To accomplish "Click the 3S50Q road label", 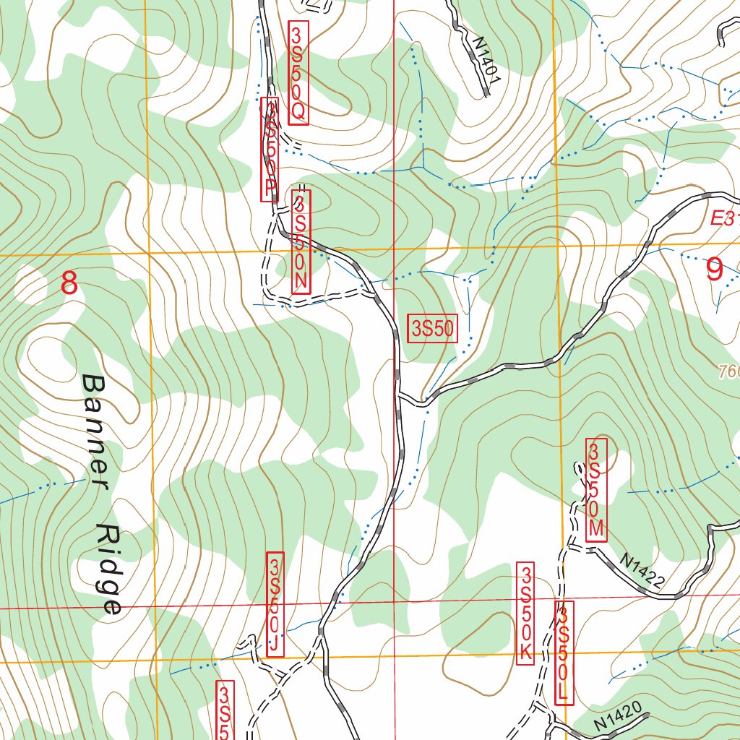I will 298,72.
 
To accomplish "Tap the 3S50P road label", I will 270,150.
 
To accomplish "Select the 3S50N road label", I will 301,241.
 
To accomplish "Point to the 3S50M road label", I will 595,489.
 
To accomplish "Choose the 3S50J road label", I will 275,605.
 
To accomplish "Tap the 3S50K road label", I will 525,614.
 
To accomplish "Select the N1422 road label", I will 642,569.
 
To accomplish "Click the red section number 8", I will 69,283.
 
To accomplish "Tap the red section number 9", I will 713,270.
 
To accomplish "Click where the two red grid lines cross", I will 394,601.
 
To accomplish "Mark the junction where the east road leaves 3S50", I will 400,396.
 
